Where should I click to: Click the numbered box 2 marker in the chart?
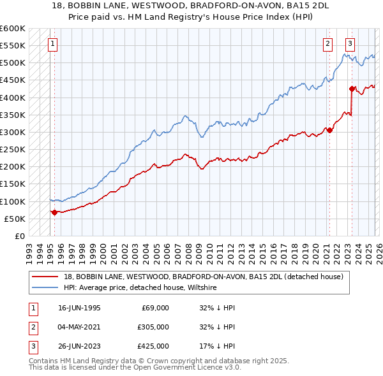(x=327, y=44)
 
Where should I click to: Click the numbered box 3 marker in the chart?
(x=350, y=44)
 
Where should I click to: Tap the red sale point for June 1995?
(x=54, y=212)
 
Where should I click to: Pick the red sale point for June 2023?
(x=352, y=89)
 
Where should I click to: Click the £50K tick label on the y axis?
(x=15, y=219)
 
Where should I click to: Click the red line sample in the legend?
(x=46, y=277)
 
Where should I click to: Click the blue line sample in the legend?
(x=46, y=288)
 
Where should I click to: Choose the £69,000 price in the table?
(x=153, y=308)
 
